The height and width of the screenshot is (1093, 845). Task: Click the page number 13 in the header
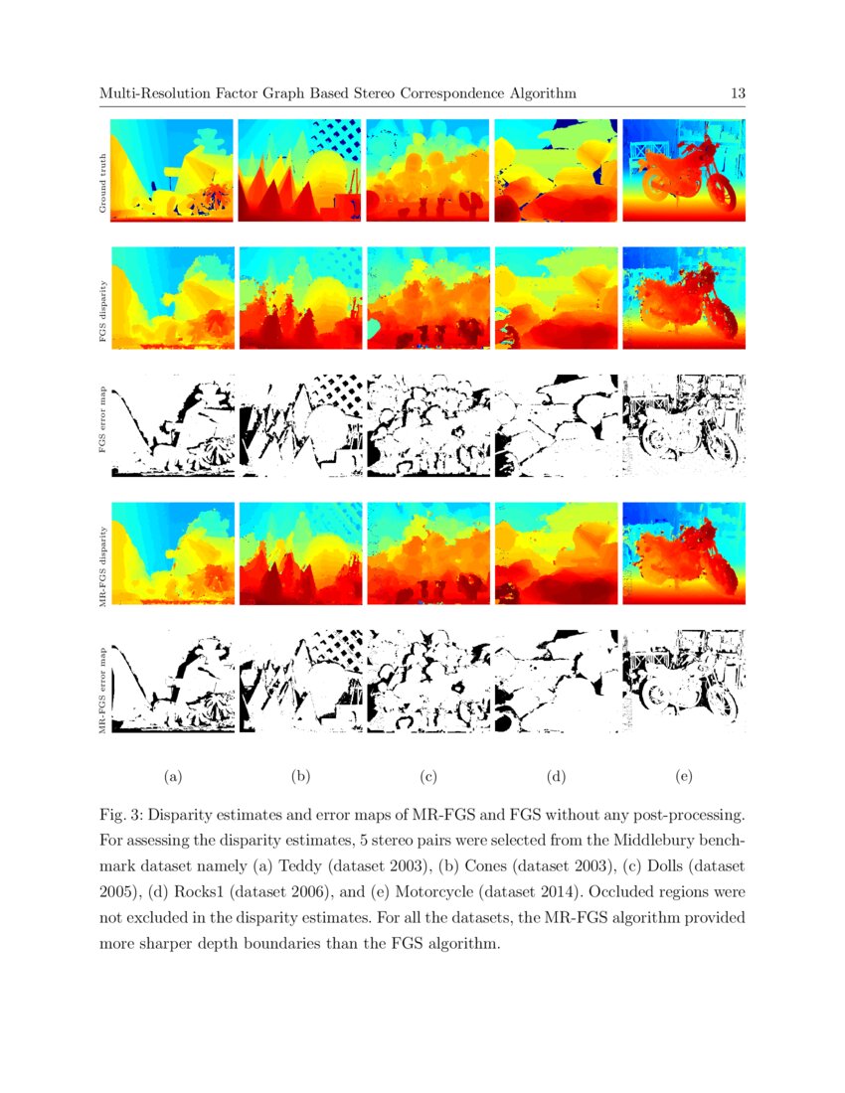coord(738,93)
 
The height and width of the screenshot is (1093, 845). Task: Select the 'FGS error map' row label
coord(101,423)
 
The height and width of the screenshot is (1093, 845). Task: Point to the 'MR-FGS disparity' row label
coord(101,552)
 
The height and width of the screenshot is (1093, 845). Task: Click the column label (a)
coord(172,775)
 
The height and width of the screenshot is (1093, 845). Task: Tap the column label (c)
coord(428,775)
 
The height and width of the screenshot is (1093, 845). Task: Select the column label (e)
coord(683,775)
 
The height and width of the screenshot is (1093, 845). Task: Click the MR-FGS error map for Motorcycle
coord(683,681)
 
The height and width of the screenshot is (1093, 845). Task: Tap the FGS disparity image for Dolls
coord(428,298)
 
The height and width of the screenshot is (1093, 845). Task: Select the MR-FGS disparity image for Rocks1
coord(556,552)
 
